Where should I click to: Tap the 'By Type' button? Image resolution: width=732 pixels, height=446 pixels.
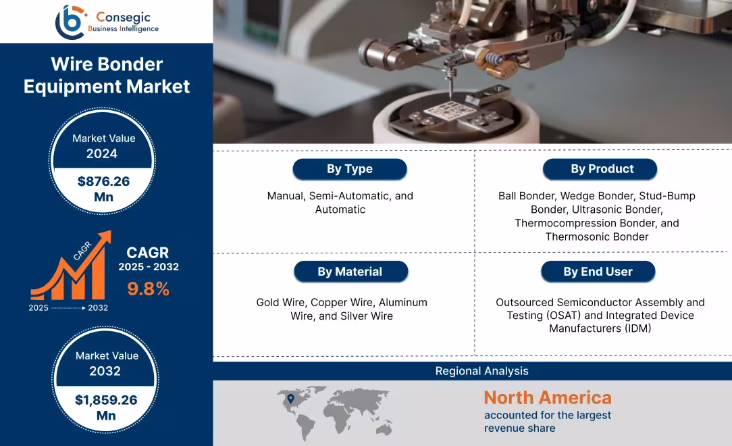click(349, 169)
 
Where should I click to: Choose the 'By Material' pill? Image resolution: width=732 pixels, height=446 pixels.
click(350, 272)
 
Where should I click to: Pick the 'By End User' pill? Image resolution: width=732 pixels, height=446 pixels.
click(598, 272)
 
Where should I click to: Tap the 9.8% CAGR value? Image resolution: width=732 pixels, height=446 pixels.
click(148, 289)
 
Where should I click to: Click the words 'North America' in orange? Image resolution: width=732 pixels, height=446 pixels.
click(547, 397)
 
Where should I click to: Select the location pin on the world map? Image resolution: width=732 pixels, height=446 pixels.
click(291, 399)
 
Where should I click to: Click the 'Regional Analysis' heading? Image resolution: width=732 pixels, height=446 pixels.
click(481, 371)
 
